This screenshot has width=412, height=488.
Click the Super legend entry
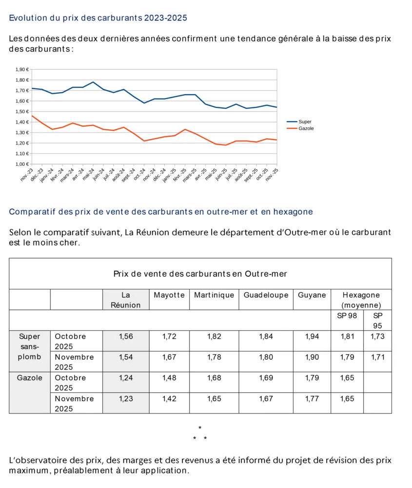(305, 122)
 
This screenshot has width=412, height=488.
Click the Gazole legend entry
(306, 128)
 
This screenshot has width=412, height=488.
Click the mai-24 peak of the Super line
(93, 82)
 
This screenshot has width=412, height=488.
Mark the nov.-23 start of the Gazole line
(32, 116)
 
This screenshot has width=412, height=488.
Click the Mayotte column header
(169, 295)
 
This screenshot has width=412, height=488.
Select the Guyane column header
(312, 295)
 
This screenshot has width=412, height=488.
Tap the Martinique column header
(214, 295)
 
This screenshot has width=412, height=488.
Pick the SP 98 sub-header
(347, 315)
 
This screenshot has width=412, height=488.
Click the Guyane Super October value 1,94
(312, 336)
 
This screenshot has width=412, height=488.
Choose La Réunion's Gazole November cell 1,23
(126, 398)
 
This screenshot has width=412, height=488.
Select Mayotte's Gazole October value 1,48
(169, 378)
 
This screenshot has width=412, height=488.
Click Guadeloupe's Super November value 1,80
(266, 357)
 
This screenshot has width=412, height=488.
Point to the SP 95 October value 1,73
(377, 336)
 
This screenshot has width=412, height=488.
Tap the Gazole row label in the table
(30, 378)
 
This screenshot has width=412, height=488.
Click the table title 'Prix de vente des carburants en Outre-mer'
(200, 274)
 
